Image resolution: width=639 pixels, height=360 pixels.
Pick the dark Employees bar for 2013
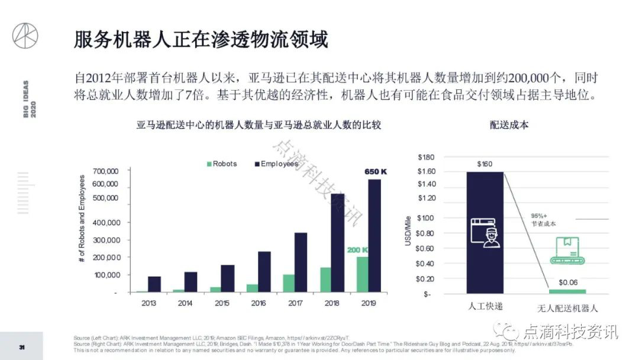(154, 284)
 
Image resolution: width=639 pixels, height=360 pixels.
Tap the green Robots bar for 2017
(288, 283)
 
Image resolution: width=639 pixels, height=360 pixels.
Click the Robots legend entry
(221, 163)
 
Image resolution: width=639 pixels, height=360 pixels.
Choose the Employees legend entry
(276, 163)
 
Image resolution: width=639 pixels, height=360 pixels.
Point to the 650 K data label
(375, 172)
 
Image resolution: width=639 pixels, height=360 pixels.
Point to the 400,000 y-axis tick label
(107, 223)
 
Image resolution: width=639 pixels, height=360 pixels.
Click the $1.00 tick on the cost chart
(427, 218)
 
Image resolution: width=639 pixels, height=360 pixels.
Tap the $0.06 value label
(568, 282)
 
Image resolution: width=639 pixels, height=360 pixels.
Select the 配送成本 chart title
(509, 125)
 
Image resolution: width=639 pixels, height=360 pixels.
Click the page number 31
(21, 346)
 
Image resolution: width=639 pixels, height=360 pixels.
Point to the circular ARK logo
(25, 36)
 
